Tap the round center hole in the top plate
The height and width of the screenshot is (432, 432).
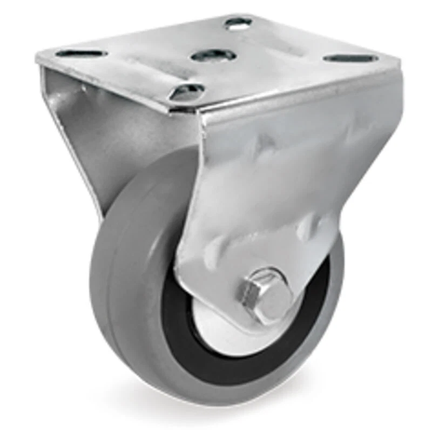(x=213, y=55)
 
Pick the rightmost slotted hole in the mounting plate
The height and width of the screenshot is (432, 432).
(x=346, y=58)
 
